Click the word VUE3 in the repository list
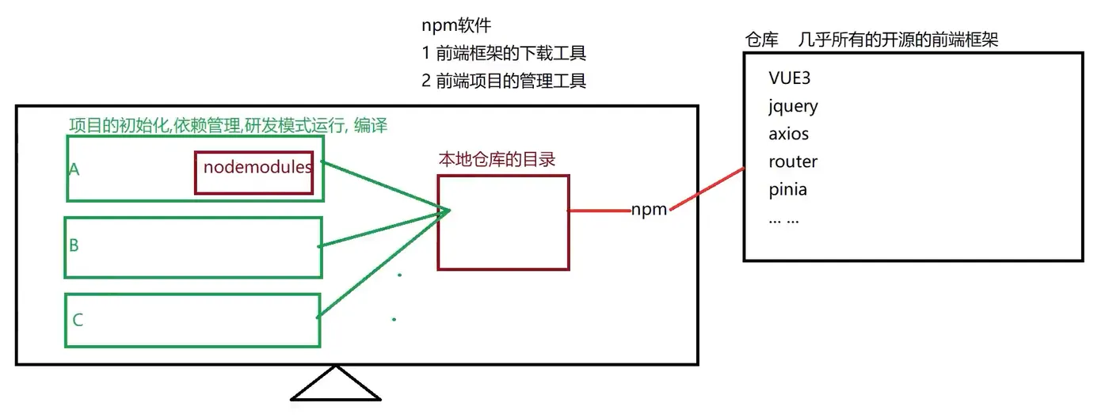click(x=790, y=78)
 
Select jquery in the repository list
click(x=793, y=106)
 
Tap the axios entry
click(x=788, y=134)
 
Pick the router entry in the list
click(x=792, y=161)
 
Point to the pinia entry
click(x=787, y=190)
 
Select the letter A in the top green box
click(x=74, y=169)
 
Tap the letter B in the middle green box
click(x=74, y=245)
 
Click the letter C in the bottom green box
click(x=78, y=321)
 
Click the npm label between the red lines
click(x=649, y=211)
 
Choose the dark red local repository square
click(x=503, y=222)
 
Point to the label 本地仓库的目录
click(x=497, y=159)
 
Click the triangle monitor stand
click(x=336, y=386)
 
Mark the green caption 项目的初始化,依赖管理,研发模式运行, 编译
click(x=228, y=125)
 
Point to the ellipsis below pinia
click(x=783, y=218)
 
